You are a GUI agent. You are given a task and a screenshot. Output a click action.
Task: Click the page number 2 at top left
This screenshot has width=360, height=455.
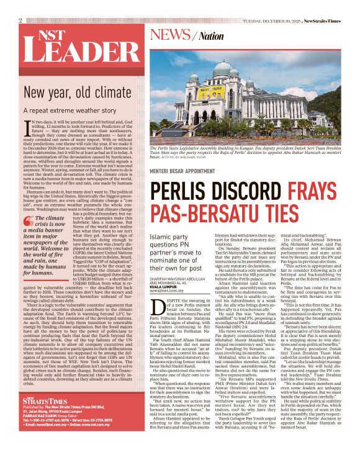coord(20,20)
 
